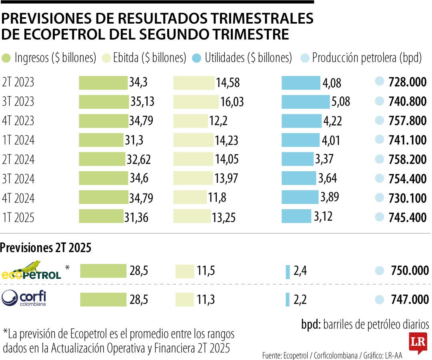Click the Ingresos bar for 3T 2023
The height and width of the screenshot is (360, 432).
(104, 102)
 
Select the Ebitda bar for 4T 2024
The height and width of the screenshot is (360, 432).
(189, 197)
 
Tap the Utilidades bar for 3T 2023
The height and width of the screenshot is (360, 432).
(306, 102)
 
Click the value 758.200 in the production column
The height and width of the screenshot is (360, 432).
(407, 159)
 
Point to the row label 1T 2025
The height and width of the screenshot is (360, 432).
(18, 217)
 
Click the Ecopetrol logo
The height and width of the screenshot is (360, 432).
(32, 270)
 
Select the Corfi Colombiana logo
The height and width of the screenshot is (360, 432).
(24, 298)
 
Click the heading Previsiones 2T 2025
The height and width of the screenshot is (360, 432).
(46, 248)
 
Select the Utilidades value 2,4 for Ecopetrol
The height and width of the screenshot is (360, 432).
(300, 271)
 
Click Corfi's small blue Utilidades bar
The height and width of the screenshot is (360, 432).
(288, 300)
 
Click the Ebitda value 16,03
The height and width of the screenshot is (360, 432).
(232, 102)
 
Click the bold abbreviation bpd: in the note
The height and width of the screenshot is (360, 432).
(311, 324)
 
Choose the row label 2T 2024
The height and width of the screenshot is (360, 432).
(18, 159)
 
